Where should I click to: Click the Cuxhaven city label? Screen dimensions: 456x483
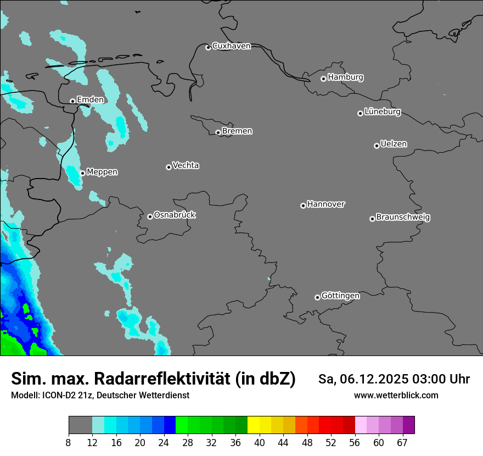[x=231, y=46]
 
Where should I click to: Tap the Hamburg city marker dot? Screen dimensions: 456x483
[x=323, y=79]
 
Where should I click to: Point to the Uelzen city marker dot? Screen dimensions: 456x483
[x=377, y=146]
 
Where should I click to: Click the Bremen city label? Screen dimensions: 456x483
[x=237, y=131]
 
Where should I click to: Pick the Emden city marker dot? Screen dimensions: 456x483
[x=72, y=101]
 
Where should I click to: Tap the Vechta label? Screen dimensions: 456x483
[x=186, y=165]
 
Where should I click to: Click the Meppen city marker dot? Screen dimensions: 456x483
[x=82, y=173]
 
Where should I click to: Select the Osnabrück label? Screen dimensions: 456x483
[x=175, y=215]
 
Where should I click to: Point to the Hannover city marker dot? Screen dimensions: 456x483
[x=303, y=205]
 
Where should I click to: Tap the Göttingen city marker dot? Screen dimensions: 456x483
[x=317, y=297]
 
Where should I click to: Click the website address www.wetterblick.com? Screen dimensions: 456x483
[x=396, y=396]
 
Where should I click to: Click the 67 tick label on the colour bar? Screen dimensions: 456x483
[x=402, y=443]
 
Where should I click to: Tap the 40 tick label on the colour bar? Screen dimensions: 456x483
[x=259, y=443]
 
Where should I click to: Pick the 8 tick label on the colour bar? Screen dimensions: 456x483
[x=69, y=443]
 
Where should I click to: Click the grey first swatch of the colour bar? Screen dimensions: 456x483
[x=80, y=425]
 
